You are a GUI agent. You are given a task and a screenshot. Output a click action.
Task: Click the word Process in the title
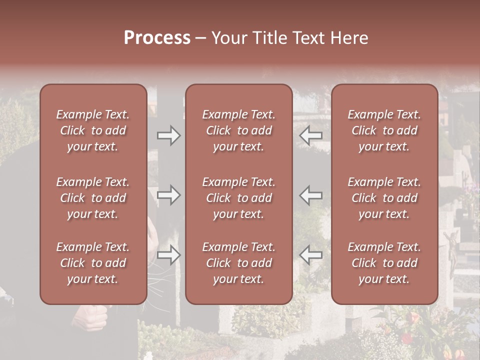[x=157, y=38]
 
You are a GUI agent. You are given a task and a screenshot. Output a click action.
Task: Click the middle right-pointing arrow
[x=168, y=195]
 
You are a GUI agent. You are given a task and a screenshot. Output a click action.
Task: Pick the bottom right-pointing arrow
[x=168, y=255]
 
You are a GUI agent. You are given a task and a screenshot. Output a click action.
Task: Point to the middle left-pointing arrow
[x=311, y=195]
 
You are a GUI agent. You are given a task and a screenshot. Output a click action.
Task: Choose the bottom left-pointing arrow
[x=311, y=255]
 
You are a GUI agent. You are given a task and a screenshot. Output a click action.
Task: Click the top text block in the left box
[x=93, y=130]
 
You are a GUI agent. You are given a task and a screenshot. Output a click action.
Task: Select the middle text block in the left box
[x=93, y=198]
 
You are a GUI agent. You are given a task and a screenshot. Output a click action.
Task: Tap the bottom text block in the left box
[x=93, y=263]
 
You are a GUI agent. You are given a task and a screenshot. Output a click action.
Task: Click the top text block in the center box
[x=238, y=130]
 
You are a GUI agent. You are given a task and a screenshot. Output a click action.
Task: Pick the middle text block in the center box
[x=238, y=198]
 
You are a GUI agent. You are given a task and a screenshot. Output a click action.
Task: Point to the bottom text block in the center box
[x=238, y=263]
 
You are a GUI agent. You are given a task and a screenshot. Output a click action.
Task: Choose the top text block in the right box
[x=384, y=130]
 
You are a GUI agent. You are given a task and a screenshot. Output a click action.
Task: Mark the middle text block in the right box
[x=384, y=198]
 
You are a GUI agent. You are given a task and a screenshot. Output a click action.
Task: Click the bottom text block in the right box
[x=384, y=263]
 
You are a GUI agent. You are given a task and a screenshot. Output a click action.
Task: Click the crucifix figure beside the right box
[x=453, y=250]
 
